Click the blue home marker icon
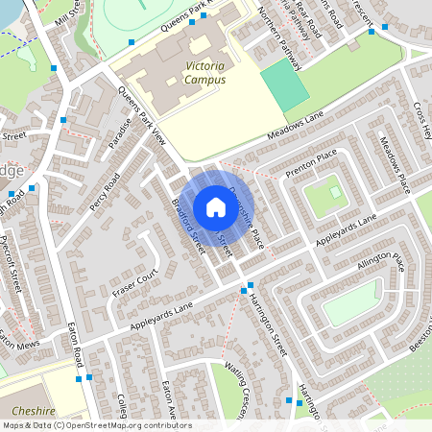215,207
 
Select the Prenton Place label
312,163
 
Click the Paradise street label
117,143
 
